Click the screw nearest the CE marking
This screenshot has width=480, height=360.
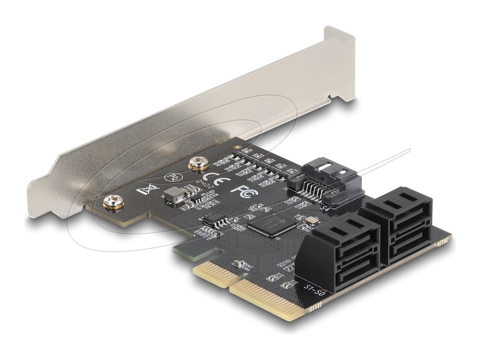point(197,164)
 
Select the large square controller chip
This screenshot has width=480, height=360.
point(272,225)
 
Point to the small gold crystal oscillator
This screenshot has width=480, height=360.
point(310,221)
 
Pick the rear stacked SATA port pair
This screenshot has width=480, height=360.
point(399,225)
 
